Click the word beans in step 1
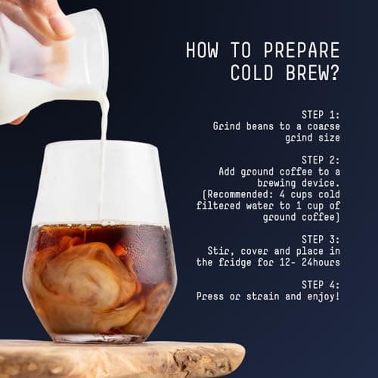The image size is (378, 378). pos(254,126)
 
